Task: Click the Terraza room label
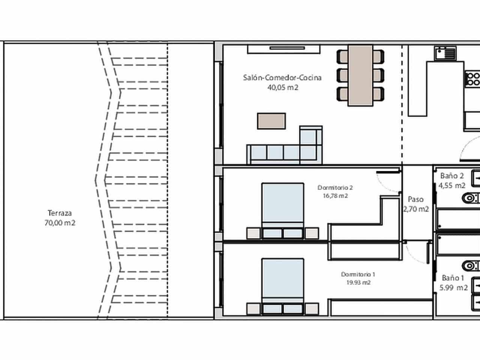(60, 213)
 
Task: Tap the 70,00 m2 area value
(60, 223)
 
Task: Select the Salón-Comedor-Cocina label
(282, 78)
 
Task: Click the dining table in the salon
(360, 75)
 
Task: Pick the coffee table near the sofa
(271, 121)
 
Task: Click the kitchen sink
(445, 53)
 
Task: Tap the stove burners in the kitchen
(473, 79)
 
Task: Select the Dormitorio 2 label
(335, 187)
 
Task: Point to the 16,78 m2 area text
(335, 196)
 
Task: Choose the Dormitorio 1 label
(358, 274)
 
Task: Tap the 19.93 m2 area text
(358, 283)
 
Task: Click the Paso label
(416, 199)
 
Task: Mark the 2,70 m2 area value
(416, 209)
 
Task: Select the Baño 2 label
(452, 175)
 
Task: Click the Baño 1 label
(453, 278)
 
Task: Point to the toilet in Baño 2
(471, 197)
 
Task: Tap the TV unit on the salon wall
(283, 49)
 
